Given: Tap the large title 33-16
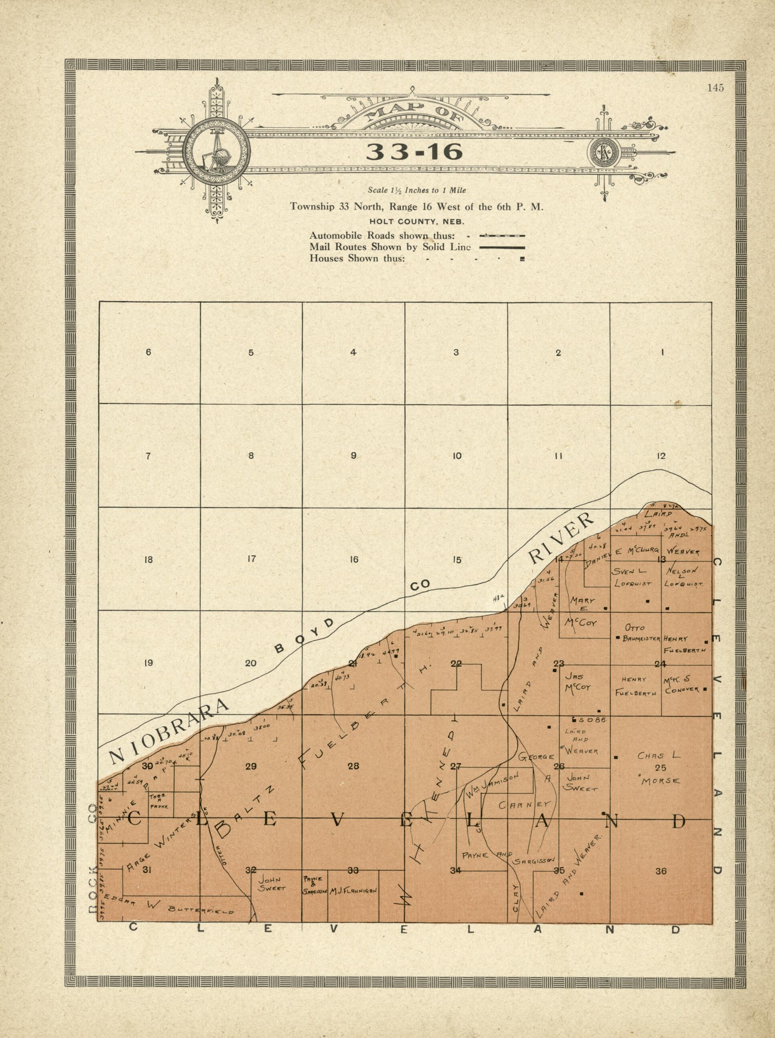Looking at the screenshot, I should point(414,152).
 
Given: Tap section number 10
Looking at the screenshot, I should point(457,455).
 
